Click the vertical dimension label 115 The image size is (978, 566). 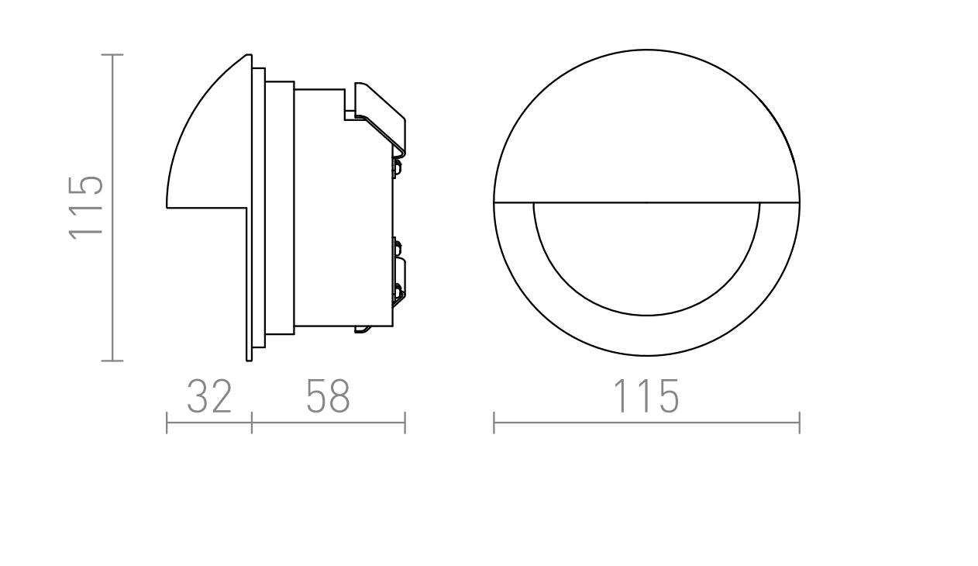point(86,208)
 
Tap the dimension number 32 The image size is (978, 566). point(209,396)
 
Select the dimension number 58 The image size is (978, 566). point(328,396)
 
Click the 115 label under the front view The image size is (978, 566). point(646,396)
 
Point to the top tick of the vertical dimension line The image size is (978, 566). point(112,54)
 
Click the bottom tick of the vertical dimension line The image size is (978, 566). point(112,361)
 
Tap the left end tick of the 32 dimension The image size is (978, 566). point(167,423)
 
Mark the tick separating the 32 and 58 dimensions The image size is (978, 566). point(252,423)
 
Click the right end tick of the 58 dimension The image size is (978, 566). point(405,423)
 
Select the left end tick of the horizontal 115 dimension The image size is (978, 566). point(494,423)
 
